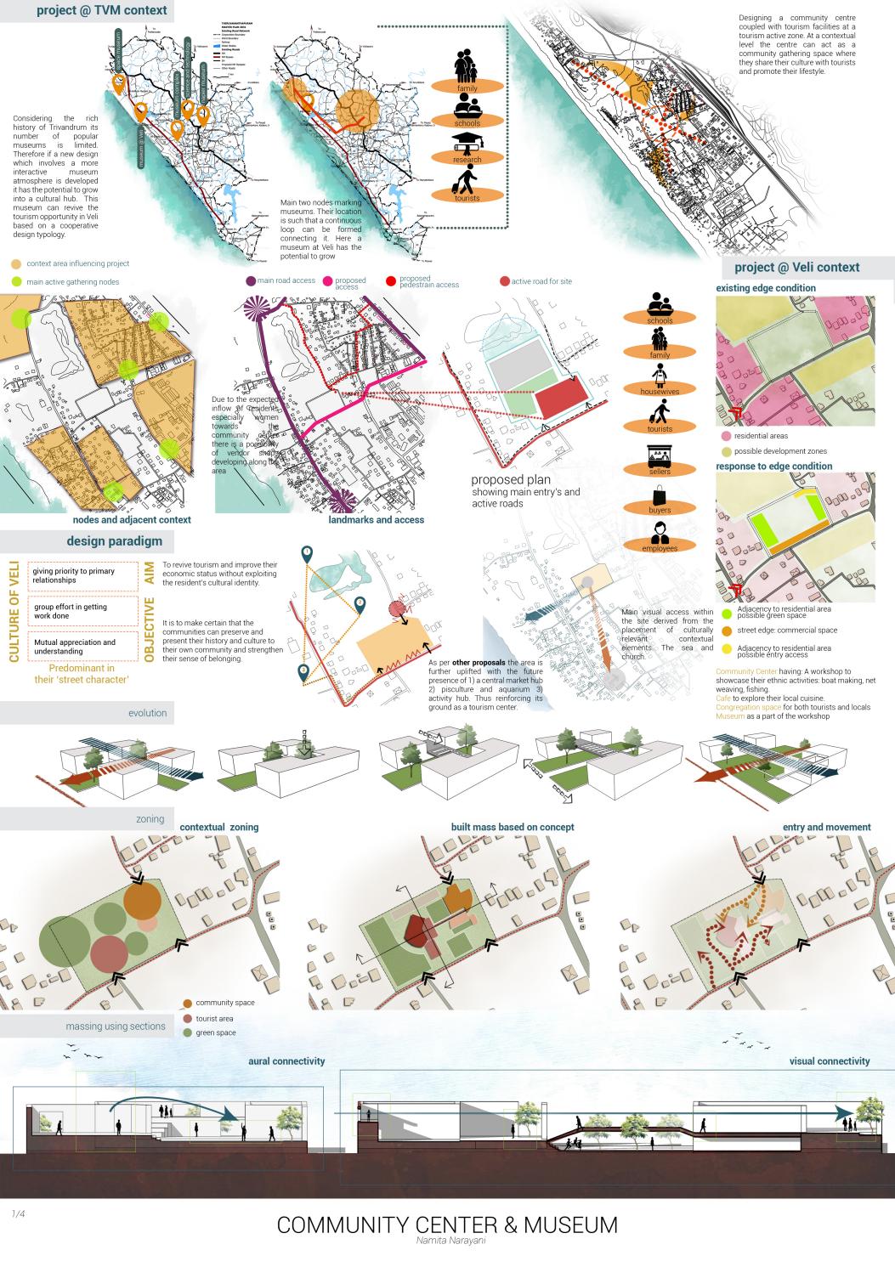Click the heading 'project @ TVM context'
click(89, 12)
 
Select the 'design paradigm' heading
click(114, 541)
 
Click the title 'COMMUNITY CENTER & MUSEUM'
click(447, 1225)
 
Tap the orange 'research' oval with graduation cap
click(467, 159)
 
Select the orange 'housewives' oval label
click(660, 390)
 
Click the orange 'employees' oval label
click(660, 548)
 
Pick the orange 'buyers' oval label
click(660, 509)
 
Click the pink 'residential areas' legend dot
click(726, 435)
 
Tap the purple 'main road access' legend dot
click(251, 281)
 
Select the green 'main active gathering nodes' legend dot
click(16, 281)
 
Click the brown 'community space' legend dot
click(187, 1003)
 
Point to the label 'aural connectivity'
click(286, 1061)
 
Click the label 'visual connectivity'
click(829, 1061)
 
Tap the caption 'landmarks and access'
click(376, 519)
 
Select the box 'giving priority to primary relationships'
click(82, 576)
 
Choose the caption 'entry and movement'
click(826, 827)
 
